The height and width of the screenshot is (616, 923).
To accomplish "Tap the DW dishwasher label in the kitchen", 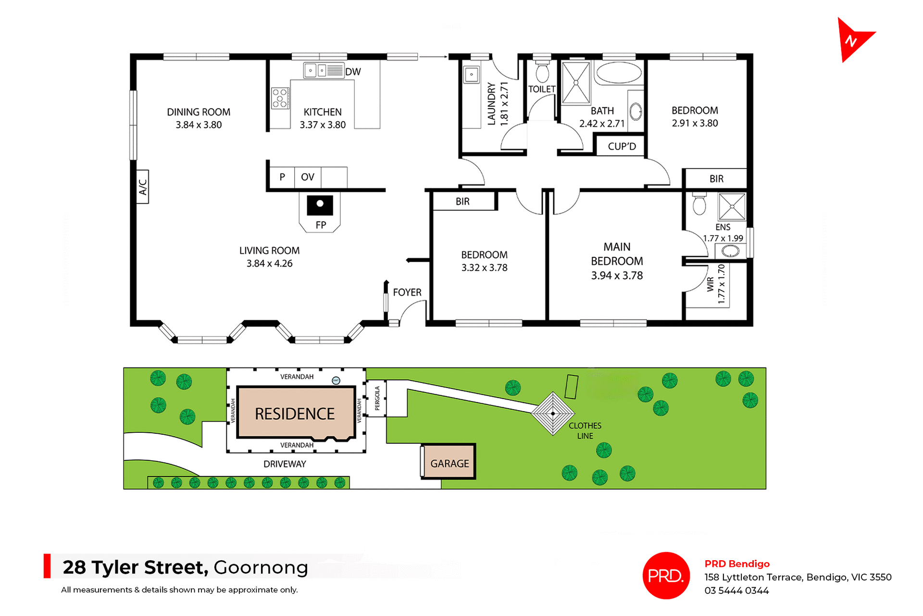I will pyautogui.click(x=353, y=72).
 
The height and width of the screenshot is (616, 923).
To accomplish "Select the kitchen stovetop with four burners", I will pyautogui.click(x=280, y=98).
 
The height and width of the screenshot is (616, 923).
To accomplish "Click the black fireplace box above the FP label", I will pyautogui.click(x=320, y=204).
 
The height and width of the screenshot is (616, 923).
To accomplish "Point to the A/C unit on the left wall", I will pyautogui.click(x=143, y=187).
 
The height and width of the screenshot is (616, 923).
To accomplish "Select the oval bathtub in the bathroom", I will pyautogui.click(x=618, y=73).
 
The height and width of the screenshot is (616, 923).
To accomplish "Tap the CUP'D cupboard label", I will pyautogui.click(x=622, y=146).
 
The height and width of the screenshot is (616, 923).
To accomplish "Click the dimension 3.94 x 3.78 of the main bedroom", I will pyautogui.click(x=617, y=276).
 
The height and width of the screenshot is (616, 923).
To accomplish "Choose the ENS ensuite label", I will pyautogui.click(x=723, y=227).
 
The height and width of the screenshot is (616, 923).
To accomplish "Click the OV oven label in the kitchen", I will pyautogui.click(x=308, y=177).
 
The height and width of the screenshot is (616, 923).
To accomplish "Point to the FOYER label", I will pyautogui.click(x=407, y=292).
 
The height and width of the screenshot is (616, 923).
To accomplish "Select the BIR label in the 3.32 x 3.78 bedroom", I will pyautogui.click(x=462, y=201).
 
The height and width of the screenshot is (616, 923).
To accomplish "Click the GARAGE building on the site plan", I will pyautogui.click(x=449, y=463).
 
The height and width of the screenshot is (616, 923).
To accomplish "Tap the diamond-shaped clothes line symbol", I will pyautogui.click(x=553, y=414).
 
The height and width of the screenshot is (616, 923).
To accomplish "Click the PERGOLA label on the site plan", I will pyautogui.click(x=377, y=398).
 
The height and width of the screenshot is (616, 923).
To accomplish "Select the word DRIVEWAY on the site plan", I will pyautogui.click(x=285, y=464).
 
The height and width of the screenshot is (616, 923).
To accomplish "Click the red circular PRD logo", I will pyautogui.click(x=666, y=575).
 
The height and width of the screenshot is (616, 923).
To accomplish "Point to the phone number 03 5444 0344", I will pyautogui.click(x=736, y=591).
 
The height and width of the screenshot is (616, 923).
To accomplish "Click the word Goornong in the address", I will pyautogui.click(x=261, y=567).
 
